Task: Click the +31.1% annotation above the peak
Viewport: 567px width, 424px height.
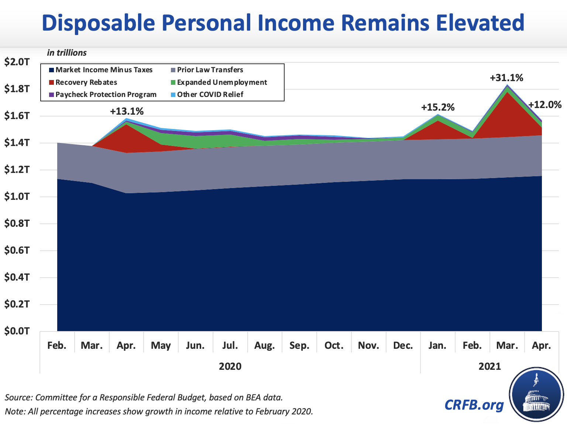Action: [506, 78]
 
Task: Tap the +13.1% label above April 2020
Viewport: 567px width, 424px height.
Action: [127, 111]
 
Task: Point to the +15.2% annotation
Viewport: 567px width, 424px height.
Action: [438, 108]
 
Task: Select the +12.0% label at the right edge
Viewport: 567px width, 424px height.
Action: [545, 105]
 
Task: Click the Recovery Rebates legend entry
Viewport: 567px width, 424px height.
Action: [86, 82]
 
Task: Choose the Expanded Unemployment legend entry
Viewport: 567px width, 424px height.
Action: [221, 82]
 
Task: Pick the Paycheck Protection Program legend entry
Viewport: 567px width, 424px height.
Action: [106, 94]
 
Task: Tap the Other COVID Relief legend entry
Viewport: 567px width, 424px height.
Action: [210, 94]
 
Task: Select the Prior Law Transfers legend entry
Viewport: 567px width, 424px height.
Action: [210, 70]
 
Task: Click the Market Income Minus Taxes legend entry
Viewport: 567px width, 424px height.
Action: [103, 70]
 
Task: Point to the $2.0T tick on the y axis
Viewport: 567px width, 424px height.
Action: [17, 62]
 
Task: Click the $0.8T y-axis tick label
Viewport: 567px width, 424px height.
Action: [17, 223]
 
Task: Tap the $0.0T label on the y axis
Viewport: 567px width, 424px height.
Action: [17, 331]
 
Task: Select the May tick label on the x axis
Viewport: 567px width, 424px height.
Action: [161, 345]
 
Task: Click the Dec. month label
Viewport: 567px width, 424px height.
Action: [403, 345]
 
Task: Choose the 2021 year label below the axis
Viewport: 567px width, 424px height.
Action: [489, 366]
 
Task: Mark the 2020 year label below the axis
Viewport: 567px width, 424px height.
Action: [230, 366]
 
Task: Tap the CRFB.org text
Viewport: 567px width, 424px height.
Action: [474, 404]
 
